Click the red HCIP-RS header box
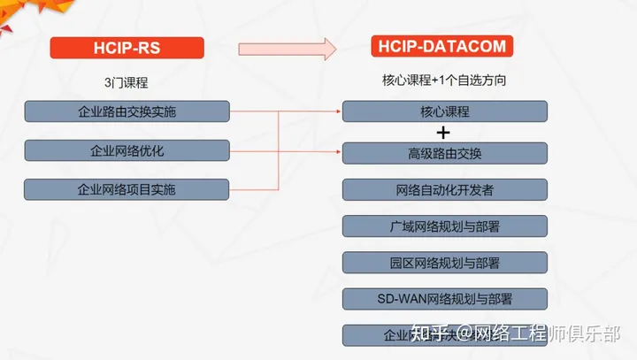127,48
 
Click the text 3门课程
126,82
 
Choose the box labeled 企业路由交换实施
127,111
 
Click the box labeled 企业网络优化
127,149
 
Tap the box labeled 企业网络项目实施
127,188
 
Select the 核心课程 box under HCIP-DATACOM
444,111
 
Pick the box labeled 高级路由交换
444,152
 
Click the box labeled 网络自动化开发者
444,189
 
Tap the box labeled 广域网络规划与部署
444,226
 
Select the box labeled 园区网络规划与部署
444,263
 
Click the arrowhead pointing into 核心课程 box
338,111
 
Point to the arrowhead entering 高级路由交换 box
338,152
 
